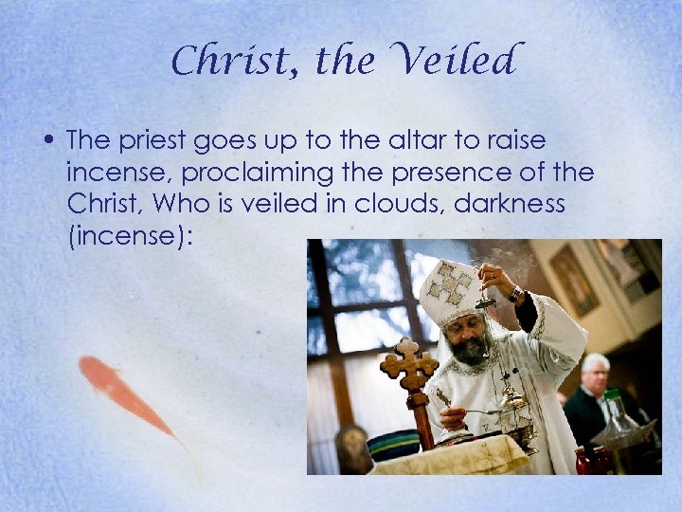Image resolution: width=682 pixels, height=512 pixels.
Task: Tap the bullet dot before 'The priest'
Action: pos(46,141)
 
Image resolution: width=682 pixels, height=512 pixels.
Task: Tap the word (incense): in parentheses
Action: pos(130,235)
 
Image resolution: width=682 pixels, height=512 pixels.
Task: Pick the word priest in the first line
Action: pos(151,141)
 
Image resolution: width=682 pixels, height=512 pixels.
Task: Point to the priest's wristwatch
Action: pos(514,294)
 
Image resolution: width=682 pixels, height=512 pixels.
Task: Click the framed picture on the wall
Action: pos(574,279)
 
